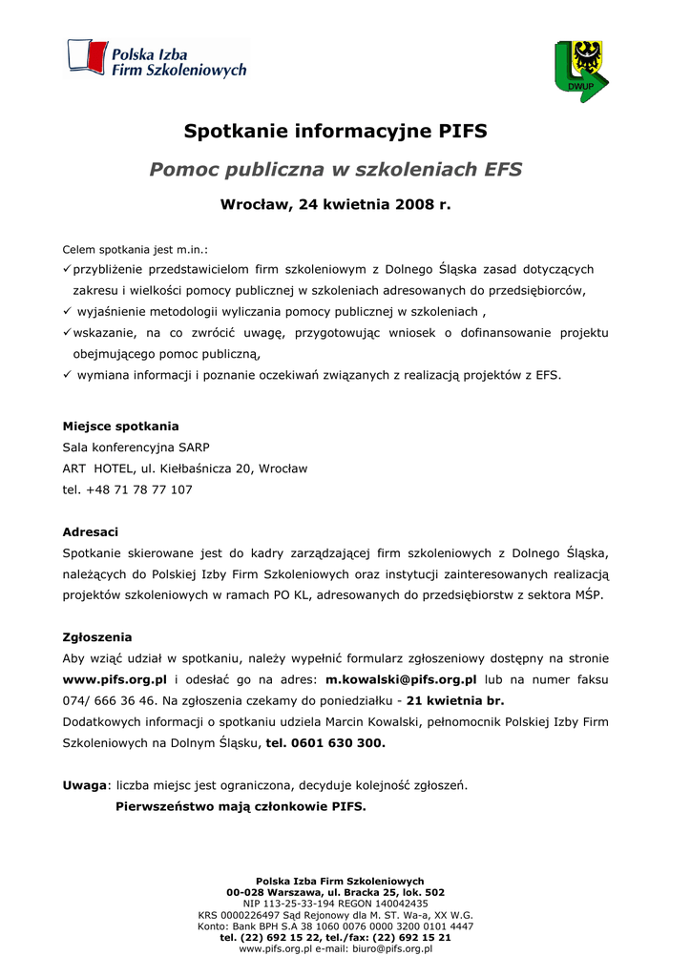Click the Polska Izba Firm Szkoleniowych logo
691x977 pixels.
coord(157,58)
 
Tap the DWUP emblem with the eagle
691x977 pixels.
coord(580,71)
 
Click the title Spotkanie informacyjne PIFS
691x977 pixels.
coord(335,131)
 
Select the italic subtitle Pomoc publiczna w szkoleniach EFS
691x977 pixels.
coord(335,170)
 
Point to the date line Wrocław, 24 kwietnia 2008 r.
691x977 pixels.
coord(335,204)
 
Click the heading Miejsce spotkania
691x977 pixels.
coord(120,426)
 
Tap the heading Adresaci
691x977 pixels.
coord(91,531)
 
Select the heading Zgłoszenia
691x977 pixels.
coord(97,636)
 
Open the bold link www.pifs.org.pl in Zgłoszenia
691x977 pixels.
coord(115,679)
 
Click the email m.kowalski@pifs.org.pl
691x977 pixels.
coord(401,679)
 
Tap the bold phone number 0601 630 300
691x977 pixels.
coord(339,742)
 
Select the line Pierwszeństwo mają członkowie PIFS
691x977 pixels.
coord(241,806)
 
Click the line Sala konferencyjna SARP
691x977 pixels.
coord(136,447)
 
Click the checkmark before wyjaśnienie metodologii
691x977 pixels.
coord(67,311)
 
